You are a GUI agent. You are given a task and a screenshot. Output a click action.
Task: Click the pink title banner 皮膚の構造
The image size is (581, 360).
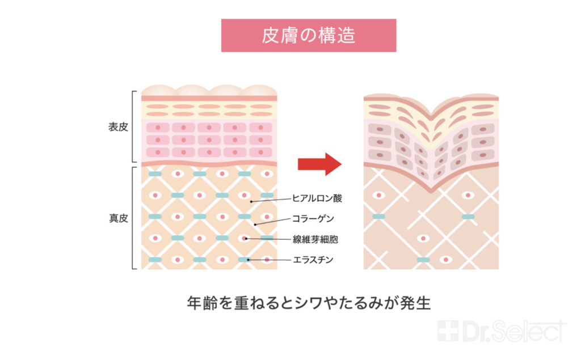[x=308, y=35]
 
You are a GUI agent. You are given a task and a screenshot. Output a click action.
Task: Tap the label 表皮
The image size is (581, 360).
[x=118, y=127]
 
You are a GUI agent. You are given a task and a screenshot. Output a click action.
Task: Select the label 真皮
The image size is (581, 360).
[x=118, y=217]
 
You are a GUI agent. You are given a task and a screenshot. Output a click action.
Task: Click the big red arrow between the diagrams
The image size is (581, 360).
[x=319, y=164]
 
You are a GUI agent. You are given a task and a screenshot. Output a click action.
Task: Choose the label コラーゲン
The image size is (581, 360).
[x=313, y=219]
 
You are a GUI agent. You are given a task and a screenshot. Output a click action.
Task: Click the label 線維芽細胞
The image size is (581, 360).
[x=315, y=239]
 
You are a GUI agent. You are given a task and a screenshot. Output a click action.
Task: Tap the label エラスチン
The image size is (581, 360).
[x=313, y=260]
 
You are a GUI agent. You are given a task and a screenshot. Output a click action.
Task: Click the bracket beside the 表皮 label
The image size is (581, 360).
[x=134, y=127]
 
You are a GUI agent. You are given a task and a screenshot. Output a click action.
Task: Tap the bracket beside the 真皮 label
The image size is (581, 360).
[x=134, y=217]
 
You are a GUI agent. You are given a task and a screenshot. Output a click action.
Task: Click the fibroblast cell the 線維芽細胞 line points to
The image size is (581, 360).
[x=245, y=239]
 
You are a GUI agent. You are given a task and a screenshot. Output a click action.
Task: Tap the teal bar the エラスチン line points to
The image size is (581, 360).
[x=245, y=260]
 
